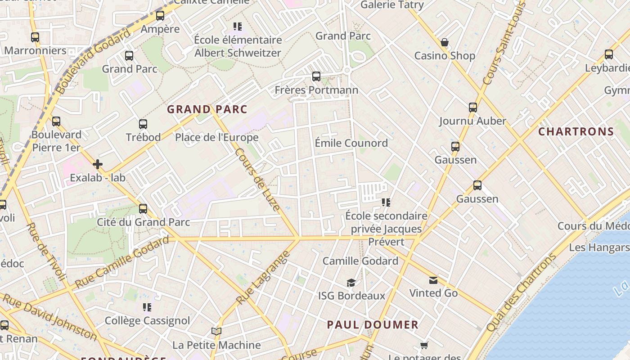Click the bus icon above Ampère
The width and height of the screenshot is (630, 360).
[160, 16]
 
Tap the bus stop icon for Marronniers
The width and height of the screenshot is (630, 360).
[35, 37]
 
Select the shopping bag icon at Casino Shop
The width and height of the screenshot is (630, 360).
[445, 43]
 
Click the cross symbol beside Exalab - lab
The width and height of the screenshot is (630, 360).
[98, 164]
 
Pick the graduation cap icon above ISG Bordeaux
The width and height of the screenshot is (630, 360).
[351, 283]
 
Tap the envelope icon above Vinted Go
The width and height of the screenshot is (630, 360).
[433, 280]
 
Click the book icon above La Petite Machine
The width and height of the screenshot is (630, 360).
[216, 332]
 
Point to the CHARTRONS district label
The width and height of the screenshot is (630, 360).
[576, 131]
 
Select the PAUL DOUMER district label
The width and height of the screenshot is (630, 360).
[373, 324]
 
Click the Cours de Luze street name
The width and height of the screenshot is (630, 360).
[257, 179]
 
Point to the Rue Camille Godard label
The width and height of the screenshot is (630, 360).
[121, 262]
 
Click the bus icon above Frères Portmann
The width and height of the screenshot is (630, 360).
[316, 76]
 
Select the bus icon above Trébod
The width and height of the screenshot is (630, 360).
[143, 124]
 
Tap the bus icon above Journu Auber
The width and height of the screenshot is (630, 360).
[472, 108]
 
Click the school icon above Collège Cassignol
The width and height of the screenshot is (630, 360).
[147, 307]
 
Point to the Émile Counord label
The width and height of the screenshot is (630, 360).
[351, 143]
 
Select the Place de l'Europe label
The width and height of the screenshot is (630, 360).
[216, 137]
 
